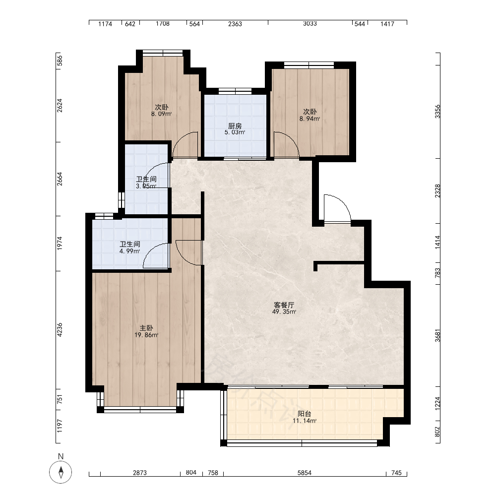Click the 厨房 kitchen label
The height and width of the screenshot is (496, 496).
pyautogui.click(x=235, y=126)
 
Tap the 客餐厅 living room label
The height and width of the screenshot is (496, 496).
pyautogui.click(x=284, y=305)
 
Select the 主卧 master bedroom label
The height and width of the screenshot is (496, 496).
pyautogui.click(x=146, y=328)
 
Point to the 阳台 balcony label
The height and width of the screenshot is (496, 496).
pyautogui.click(x=305, y=414)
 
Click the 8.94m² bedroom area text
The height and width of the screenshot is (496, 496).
pyautogui.click(x=310, y=119)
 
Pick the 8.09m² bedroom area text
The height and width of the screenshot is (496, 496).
pyautogui.click(x=161, y=114)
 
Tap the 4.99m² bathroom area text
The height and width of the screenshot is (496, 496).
pyautogui.click(x=129, y=251)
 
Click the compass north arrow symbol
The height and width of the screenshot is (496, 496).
pyautogui.click(x=61, y=472)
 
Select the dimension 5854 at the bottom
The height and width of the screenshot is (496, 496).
pyautogui.click(x=305, y=473)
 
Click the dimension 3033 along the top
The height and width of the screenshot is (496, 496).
pyautogui.click(x=310, y=23)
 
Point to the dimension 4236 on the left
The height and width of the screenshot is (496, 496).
pyautogui.click(x=60, y=330)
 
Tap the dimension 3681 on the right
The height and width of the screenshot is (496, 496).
pyautogui.click(x=437, y=336)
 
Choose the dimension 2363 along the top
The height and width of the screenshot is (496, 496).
pyautogui.click(x=235, y=24)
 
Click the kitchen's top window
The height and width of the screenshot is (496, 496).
pyautogui.click(x=235, y=91)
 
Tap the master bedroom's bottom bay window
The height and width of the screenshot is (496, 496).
pyautogui.click(x=140, y=409)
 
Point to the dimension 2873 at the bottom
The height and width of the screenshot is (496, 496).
pyautogui.click(x=139, y=473)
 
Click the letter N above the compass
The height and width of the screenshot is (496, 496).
pyautogui.click(x=61, y=456)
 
